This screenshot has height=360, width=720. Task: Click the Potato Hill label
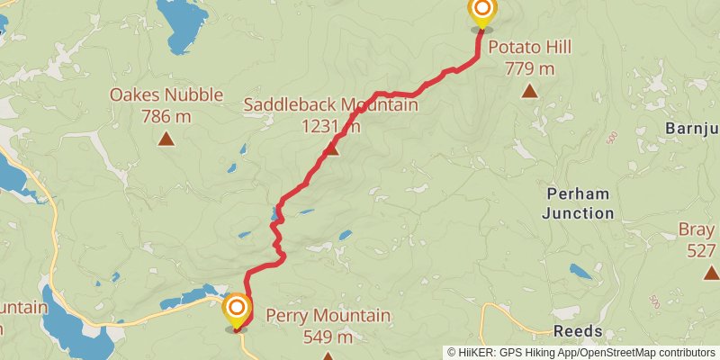pyautogui.click(x=529, y=47)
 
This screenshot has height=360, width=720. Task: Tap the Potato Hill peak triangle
pyautogui.click(x=529, y=90)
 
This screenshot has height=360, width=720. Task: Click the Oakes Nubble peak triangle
pyautogui.click(x=166, y=138)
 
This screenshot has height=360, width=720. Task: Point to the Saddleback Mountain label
pyautogui.click(x=330, y=105)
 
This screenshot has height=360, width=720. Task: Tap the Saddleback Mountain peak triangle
pyautogui.click(x=331, y=148)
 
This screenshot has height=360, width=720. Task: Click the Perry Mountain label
pyautogui.click(x=328, y=316)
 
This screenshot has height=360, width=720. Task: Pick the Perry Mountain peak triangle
pyautogui.click(x=328, y=357)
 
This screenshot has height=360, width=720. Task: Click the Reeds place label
pyautogui.click(x=578, y=331)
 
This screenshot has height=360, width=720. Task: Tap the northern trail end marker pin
pyautogui.click(x=481, y=13)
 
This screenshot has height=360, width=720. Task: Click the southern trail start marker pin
pyautogui.click(x=237, y=310)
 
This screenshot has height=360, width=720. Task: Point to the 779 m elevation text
pyautogui.click(x=529, y=67)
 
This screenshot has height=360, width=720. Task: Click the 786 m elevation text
pyautogui.click(x=166, y=115)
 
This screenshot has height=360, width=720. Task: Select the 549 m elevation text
pyautogui.click(x=328, y=337)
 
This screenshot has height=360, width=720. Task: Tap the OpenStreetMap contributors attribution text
pyautogui.click(x=637, y=353)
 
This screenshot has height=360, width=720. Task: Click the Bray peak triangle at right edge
pyautogui.click(x=711, y=272)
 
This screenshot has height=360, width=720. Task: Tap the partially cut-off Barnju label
pyautogui.click(x=692, y=128)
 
